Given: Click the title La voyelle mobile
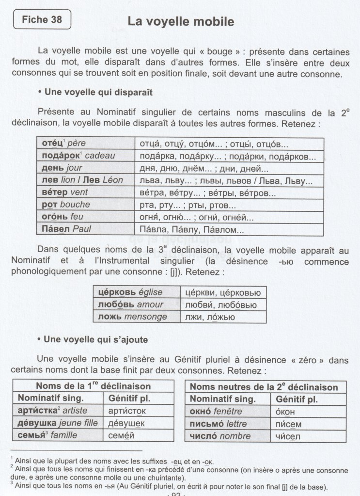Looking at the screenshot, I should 180,22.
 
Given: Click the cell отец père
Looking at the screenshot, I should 86,144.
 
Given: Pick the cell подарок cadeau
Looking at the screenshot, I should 86,157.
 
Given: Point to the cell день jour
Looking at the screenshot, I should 86,169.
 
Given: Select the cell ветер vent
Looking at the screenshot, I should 86,192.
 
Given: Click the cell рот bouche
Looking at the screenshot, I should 86,205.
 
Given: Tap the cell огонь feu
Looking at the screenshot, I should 86,217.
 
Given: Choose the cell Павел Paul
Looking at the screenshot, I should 86,229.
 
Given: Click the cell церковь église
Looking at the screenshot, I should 136,292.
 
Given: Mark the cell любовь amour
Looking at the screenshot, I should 136,304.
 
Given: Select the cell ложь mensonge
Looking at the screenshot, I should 136,317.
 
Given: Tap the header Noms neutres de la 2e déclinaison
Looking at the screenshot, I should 264,387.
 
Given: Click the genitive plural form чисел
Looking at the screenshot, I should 285,436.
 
